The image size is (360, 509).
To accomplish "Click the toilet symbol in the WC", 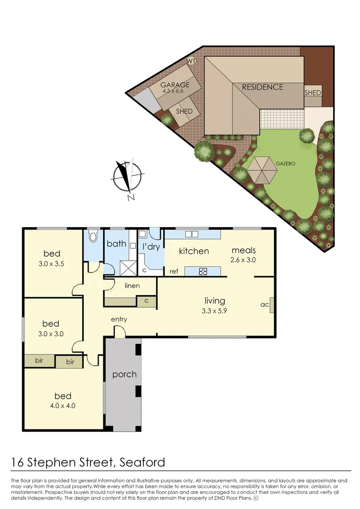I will click(93, 236).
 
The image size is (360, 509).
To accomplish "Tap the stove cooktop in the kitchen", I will click(202, 271).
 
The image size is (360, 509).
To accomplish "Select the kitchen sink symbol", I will click(192, 234).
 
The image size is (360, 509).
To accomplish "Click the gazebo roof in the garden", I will click(263, 170).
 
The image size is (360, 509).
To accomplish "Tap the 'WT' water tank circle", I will click(191, 61).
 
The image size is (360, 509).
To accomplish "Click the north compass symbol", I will click(125, 178).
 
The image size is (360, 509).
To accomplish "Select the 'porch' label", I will click(124, 375).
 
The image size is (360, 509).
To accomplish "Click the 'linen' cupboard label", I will click(132, 286).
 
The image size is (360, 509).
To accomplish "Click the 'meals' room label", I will click(244, 250).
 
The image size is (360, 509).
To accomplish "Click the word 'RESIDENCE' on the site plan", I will click(262, 87).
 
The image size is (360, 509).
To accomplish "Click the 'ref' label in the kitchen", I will click(173, 271).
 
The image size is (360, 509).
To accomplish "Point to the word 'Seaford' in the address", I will click(141, 461).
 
